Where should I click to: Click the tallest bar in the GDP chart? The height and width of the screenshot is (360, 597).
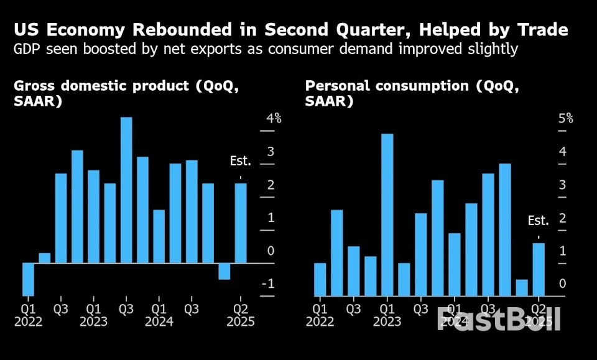click(x=126, y=190)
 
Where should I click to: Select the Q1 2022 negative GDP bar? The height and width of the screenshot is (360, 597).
click(x=28, y=279)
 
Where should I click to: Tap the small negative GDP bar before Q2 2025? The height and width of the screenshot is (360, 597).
click(x=224, y=271)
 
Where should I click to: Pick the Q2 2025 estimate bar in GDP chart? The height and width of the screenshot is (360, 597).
click(x=241, y=223)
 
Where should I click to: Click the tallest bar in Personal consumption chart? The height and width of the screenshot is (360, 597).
click(x=387, y=215)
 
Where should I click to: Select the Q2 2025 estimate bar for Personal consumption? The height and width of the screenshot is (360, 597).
click(x=539, y=269)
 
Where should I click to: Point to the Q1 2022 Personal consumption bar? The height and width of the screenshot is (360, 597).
click(x=320, y=279)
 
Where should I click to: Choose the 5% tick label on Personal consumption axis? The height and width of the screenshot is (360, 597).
click(x=565, y=118)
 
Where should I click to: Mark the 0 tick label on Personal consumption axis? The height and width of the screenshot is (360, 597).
click(x=562, y=284)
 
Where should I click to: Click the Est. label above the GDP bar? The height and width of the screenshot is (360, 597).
click(x=241, y=162)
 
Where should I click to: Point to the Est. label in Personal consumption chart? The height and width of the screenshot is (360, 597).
click(x=539, y=221)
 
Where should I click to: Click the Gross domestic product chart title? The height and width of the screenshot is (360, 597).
click(x=124, y=93)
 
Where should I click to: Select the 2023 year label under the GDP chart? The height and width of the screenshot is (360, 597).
click(x=93, y=322)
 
